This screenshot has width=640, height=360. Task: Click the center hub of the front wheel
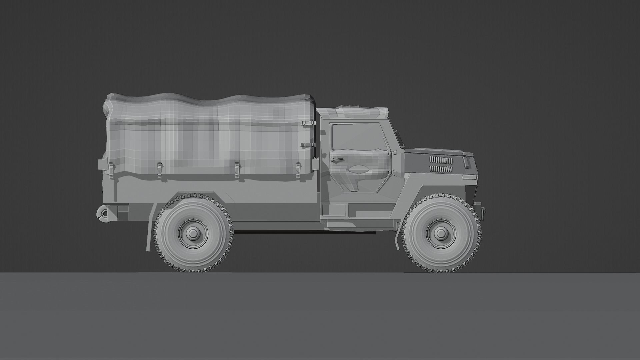click(441, 232)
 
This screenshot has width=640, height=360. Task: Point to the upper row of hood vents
click(441, 160)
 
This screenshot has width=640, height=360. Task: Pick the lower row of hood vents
click(441, 169)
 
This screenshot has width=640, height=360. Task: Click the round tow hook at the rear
click(103, 213)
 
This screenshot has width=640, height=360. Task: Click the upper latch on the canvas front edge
click(308, 123)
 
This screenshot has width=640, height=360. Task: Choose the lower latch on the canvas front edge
click(308, 145)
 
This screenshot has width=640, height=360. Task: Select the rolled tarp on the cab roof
click(362, 111)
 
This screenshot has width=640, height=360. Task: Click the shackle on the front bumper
click(483, 211)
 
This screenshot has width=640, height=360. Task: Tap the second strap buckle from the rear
click(160, 169)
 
